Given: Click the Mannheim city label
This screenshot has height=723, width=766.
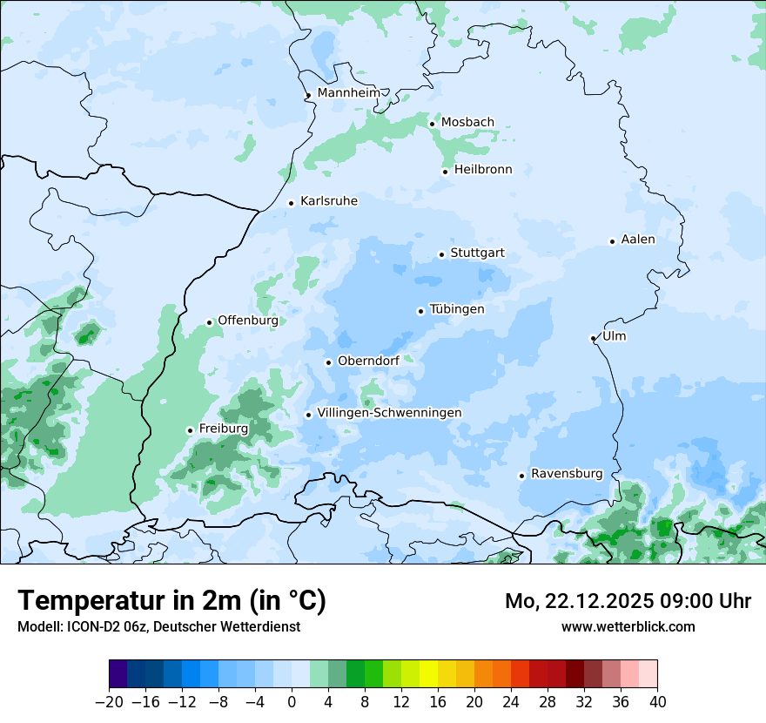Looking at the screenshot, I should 348,93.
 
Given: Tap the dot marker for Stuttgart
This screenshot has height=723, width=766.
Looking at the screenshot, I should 441,254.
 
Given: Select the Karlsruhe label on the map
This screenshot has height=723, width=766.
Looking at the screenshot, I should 329,201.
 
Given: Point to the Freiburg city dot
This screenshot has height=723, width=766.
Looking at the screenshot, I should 190,430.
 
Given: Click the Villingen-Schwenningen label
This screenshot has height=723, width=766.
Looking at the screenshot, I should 389,413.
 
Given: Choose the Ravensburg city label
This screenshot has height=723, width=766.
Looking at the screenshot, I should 567,474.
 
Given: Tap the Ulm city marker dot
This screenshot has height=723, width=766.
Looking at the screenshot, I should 593,338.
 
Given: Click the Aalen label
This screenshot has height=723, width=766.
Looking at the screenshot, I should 638,240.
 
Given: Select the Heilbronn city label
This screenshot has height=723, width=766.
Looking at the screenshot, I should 483,170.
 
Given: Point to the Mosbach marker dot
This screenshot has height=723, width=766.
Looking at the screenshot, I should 432,124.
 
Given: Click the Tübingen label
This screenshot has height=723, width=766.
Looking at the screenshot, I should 457,309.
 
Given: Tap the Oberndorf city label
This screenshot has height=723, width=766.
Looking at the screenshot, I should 368,361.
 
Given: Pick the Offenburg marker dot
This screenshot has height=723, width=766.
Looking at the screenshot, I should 209,322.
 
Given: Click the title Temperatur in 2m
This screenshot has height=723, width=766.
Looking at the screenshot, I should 171,601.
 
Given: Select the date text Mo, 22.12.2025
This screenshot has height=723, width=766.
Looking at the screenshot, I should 585,601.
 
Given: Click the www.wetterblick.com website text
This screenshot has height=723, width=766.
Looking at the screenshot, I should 628,626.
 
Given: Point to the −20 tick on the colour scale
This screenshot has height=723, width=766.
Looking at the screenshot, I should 109,702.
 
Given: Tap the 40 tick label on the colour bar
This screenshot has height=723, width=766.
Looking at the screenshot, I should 657,702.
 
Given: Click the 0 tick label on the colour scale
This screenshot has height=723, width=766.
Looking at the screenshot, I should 292,702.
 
